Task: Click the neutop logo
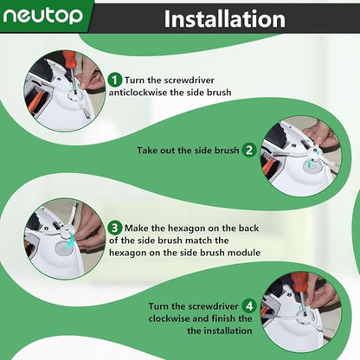pos(42,16)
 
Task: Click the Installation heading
pos(225,19)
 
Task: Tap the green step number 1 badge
pos(115,80)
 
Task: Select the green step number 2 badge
pos(249,150)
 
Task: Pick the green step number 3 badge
pos(115,228)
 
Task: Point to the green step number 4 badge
pos(249,305)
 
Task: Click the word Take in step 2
pos(147,151)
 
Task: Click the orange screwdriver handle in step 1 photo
pos(68,61)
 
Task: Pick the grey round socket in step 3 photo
pos(64,248)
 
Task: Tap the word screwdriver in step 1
pos(188,80)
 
